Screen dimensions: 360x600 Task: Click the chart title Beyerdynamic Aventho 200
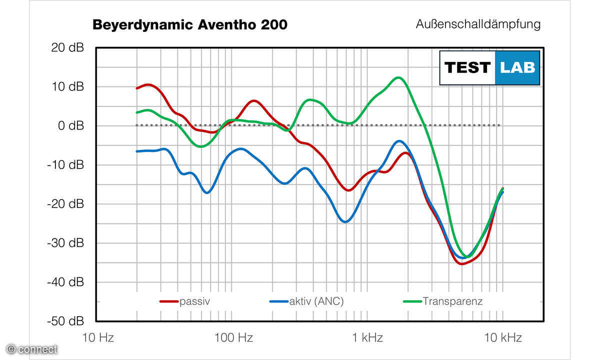click(190, 25)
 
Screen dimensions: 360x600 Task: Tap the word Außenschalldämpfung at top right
click(478, 24)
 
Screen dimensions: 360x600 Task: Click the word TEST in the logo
click(467, 67)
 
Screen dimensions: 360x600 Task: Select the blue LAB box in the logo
click(517, 67)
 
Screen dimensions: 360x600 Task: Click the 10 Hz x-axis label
click(98, 338)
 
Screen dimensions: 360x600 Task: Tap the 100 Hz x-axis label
click(233, 338)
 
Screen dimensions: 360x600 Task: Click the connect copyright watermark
click(32, 349)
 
